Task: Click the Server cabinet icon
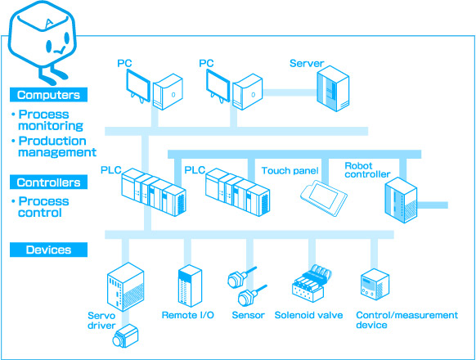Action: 333,88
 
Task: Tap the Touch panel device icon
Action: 324,198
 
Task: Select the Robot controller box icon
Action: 401,200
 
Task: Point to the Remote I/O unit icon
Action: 190,286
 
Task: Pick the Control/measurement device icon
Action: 375,285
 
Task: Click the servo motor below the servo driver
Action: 125,336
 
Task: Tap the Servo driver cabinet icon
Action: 125,287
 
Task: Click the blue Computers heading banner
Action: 48,95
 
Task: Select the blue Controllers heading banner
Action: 48,182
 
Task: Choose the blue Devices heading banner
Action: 48,250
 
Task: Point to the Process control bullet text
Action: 43,206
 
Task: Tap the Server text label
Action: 307,63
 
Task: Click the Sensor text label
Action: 248,315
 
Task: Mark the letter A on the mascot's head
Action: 48,24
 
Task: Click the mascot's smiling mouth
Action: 60,50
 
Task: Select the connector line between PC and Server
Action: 290,92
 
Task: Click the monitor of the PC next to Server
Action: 218,86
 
